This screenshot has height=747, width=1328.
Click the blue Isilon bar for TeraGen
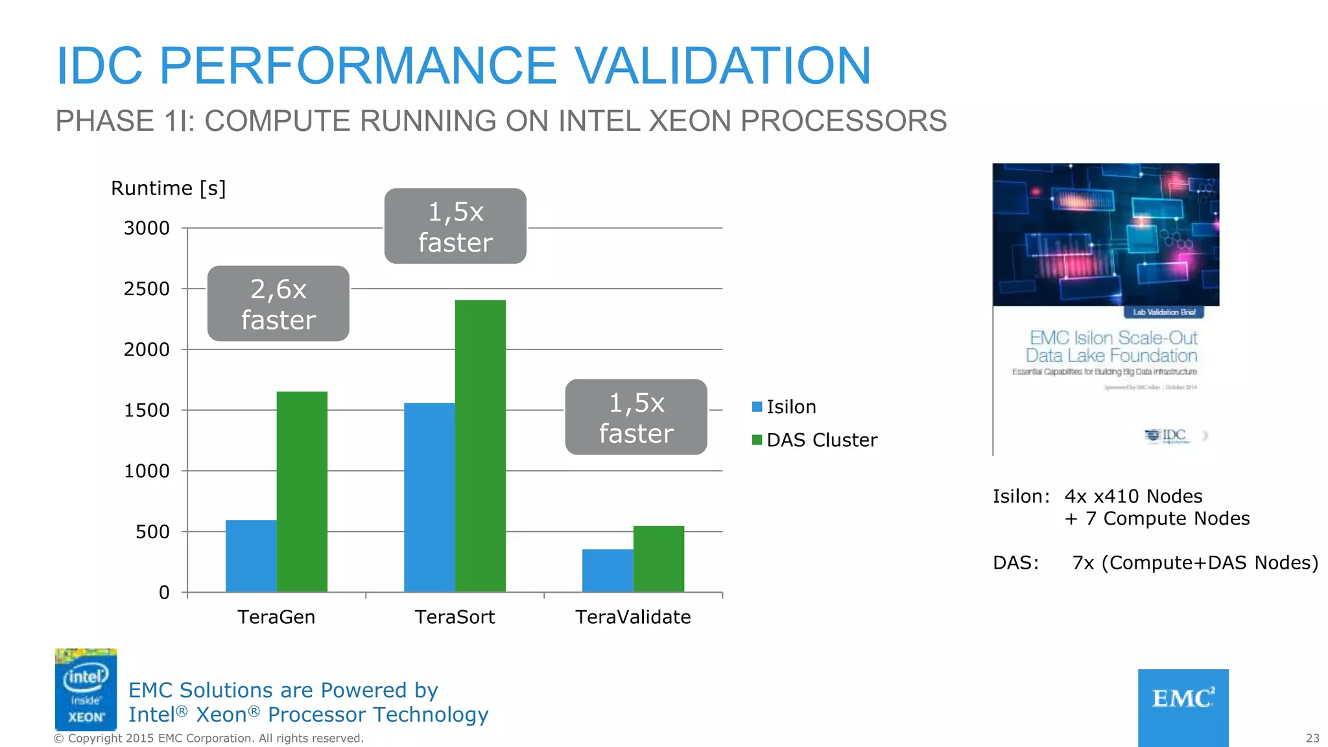[x=251, y=556]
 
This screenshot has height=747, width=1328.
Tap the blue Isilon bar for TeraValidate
[x=608, y=571]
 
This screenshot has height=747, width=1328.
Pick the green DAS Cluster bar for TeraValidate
[x=658, y=559]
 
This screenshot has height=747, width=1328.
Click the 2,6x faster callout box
[x=278, y=303]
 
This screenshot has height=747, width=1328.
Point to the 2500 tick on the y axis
[x=147, y=289]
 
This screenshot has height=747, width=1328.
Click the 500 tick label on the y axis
[x=152, y=532]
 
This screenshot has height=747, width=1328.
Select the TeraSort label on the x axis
[x=455, y=617]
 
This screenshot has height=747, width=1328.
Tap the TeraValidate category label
[x=633, y=617]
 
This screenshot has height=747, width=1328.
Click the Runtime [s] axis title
[x=169, y=189]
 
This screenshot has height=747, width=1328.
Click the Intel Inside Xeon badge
[x=86, y=689]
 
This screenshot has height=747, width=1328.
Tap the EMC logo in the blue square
[x=1183, y=699]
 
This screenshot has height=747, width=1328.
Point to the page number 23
[x=1312, y=738]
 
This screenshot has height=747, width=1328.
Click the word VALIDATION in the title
[x=723, y=66]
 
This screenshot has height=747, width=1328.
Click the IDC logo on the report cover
[x=1167, y=435]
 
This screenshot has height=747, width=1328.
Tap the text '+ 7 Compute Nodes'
[x=1157, y=519]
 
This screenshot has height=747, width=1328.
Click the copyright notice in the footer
[x=209, y=739]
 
